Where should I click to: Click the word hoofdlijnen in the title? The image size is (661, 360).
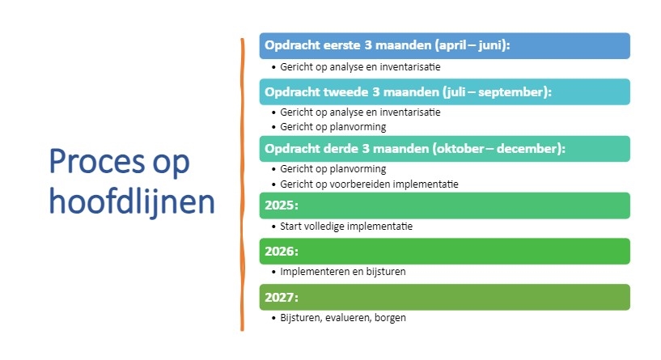pos(132,201)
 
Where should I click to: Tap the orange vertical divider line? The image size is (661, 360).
pos(243,184)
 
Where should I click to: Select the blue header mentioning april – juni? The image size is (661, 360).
pos(445,45)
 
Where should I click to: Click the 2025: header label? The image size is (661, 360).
pos(282,205)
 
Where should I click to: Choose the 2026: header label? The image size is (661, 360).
pos(282,252)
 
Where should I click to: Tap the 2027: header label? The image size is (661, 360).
pos(282,298)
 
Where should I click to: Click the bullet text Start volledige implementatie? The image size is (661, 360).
pos(346,227)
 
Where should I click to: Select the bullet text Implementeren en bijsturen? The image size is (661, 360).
pos(343,272)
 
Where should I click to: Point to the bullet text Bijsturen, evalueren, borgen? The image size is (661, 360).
pos(343,317)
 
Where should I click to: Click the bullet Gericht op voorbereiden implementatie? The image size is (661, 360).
pos(369,184)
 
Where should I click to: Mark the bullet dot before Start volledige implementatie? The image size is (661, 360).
pos(274,227)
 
